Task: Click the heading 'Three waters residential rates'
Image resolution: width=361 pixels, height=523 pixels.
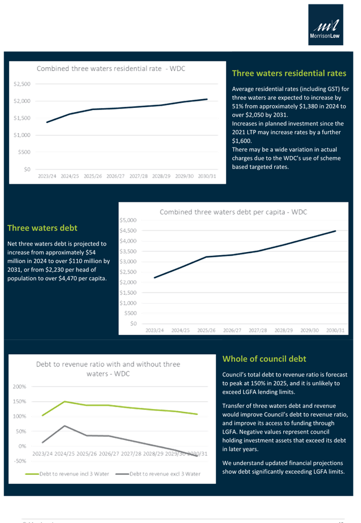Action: [x=288, y=73]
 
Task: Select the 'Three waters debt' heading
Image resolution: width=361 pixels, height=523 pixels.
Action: [x=42, y=228]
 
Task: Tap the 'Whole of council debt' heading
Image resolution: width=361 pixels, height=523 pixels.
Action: [x=264, y=359]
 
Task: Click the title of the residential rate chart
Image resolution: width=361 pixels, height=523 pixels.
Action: [x=111, y=69]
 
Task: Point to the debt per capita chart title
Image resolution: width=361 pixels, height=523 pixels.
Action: [x=233, y=212]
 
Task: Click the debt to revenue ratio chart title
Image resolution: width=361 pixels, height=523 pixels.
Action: [x=109, y=369]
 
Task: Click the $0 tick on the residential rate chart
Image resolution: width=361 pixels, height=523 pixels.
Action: [x=26, y=168]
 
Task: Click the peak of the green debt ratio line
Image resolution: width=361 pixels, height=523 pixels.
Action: [x=65, y=402]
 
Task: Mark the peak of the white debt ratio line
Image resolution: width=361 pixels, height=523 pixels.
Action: [x=65, y=425]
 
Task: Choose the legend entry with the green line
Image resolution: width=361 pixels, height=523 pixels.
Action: [x=67, y=473]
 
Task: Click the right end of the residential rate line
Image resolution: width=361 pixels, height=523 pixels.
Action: [x=208, y=99]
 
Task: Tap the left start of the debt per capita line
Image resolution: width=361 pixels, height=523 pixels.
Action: [x=154, y=278]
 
